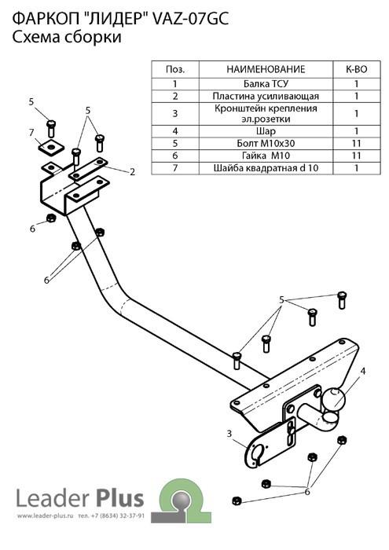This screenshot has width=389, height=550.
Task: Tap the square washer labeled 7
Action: click(x=52, y=146)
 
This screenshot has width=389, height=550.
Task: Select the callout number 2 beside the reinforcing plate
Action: click(x=132, y=172)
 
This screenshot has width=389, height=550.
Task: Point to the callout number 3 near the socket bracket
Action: click(x=229, y=434)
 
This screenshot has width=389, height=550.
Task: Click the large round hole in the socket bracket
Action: click(x=257, y=450)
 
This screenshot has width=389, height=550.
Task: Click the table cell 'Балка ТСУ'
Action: click(x=266, y=84)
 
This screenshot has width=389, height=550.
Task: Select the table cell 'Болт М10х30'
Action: click(x=266, y=144)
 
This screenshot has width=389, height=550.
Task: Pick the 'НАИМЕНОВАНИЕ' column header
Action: click(x=266, y=69)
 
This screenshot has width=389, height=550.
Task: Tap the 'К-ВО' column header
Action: click(x=356, y=69)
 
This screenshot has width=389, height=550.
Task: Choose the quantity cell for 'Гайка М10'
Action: click(x=356, y=156)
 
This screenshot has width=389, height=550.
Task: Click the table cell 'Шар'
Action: click(x=266, y=131)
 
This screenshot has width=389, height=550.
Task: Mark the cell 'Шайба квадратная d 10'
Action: click(x=266, y=168)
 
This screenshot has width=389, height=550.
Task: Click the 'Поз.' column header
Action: click(x=175, y=69)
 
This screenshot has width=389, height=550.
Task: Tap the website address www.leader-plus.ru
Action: click(x=45, y=516)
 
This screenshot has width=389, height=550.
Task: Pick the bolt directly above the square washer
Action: click(x=51, y=129)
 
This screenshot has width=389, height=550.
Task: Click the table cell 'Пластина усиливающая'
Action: click(x=266, y=97)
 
